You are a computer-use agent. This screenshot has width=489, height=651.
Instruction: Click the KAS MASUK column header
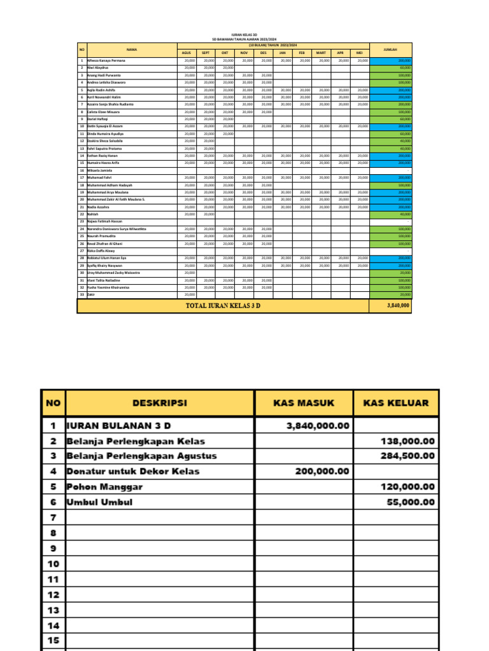[304, 403]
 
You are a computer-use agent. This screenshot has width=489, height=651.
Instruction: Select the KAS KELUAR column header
[395, 403]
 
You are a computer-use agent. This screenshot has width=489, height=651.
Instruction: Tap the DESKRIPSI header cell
[160, 403]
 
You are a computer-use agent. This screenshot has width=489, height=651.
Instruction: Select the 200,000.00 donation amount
[322, 471]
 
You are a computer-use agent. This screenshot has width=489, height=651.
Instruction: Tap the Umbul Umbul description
[99, 502]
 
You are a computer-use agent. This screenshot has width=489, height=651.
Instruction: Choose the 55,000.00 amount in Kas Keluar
[411, 502]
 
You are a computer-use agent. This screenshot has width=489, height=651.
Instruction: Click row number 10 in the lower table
[53, 564]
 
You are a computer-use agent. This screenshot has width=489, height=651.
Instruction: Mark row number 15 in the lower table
[53, 641]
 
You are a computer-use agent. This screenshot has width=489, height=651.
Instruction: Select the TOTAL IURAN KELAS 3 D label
[223, 306]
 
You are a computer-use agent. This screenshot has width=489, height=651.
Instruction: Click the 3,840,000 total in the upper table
[398, 306]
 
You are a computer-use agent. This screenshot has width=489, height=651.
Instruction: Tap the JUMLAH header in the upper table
[390, 49]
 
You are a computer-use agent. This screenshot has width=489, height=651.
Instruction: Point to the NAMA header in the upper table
[131, 49]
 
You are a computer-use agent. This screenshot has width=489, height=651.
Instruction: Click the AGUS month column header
[187, 53]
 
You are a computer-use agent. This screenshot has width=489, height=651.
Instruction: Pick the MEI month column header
[359, 53]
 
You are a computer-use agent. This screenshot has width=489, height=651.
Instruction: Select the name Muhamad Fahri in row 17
[101, 178]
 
